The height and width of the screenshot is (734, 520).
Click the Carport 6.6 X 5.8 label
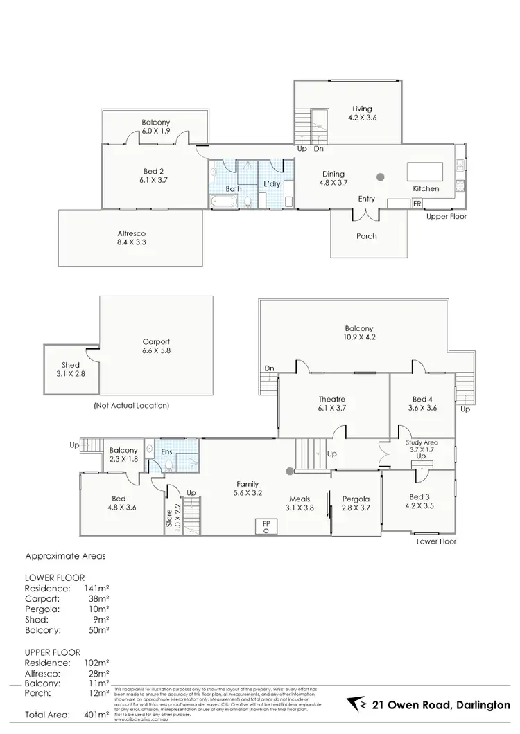(156, 346)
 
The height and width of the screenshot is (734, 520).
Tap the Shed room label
(70, 369)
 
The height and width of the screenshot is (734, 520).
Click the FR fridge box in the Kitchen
(417, 204)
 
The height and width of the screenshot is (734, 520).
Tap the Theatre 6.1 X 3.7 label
(333, 404)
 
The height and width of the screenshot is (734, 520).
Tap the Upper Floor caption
(448, 217)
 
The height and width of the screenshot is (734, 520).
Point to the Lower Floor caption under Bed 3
(437, 541)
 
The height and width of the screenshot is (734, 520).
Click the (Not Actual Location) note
(131, 406)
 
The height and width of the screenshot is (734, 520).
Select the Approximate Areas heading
(67, 555)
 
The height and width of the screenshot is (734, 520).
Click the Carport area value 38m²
(98, 598)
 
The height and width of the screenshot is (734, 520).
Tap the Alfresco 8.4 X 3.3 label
(130, 240)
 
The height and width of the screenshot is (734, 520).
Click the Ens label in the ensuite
(166, 452)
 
